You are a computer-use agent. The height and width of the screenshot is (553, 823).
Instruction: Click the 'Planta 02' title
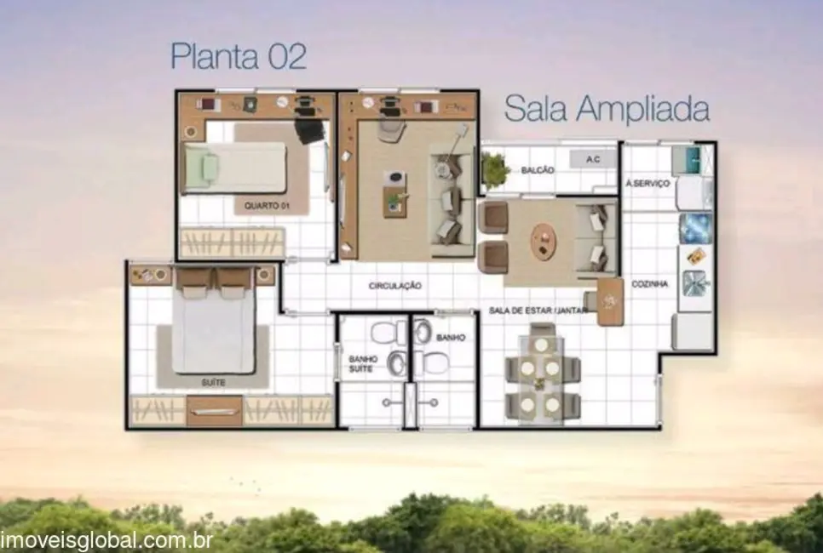[239, 56]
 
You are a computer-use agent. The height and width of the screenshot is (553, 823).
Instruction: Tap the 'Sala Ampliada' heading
[607, 110]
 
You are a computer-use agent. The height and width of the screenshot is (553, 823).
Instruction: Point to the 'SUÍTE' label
[213, 383]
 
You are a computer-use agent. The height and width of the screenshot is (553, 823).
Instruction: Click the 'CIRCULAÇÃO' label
[394, 286]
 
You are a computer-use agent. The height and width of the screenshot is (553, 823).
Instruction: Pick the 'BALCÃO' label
[538, 171]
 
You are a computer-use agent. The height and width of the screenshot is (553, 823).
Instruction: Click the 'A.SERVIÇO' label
[648, 183]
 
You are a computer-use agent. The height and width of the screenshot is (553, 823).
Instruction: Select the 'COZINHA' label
[650, 284]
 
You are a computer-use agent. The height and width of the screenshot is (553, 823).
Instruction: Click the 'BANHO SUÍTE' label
[362, 363]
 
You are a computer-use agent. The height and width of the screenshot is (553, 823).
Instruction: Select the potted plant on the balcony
[494, 169]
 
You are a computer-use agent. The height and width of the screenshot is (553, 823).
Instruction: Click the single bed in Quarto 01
[237, 167]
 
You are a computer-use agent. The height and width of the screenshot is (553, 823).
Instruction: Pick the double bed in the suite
[213, 323]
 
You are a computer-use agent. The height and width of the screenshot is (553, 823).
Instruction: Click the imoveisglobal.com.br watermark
[106, 540]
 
